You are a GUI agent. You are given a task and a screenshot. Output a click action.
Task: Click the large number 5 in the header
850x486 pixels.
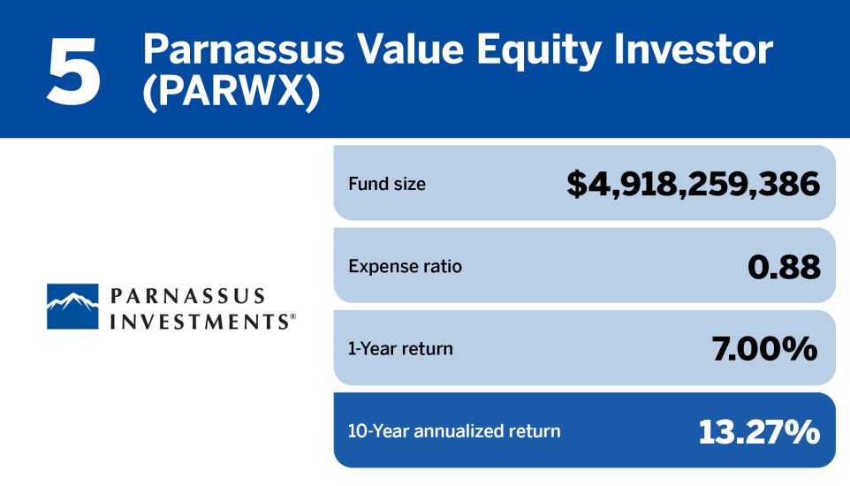point(74,70)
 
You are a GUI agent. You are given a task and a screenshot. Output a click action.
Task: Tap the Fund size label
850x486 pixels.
point(387,184)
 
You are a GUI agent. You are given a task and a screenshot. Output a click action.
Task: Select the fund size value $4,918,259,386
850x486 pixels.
point(694,184)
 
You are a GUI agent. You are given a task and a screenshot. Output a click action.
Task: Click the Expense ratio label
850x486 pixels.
point(405,266)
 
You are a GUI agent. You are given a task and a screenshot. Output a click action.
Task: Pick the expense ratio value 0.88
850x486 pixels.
point(784,266)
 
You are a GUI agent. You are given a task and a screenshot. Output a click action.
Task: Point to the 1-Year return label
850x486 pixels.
point(400,348)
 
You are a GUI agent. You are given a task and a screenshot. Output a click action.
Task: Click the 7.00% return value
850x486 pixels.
point(765,348)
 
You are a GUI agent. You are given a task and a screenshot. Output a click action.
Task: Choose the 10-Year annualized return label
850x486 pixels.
point(454,431)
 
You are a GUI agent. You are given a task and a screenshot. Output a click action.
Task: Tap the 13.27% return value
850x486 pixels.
point(759,431)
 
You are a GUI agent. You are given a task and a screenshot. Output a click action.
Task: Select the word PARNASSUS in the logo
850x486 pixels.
point(188,295)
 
